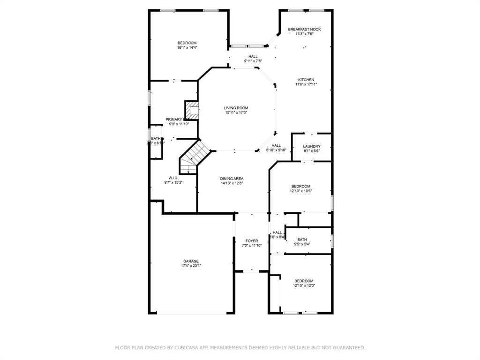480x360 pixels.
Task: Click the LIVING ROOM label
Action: (236, 108)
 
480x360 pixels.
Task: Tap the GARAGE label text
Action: (191, 261)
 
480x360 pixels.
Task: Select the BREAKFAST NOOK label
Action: (304, 29)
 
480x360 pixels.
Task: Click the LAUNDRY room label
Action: (312, 146)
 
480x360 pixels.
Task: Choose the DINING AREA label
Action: (232, 179)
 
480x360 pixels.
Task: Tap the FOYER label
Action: (252, 241)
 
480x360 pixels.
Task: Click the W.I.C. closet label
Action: (173, 178)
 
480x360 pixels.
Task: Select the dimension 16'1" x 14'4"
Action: (187, 47)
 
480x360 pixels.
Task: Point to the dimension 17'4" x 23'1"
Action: (191, 266)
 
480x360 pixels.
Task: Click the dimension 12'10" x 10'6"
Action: (301, 191)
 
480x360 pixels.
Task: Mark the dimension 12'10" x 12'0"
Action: (304, 285)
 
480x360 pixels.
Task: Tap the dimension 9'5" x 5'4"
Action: (302, 244)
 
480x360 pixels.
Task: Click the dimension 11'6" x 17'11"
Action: (306, 84)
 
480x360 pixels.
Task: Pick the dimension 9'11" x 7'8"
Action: (253, 61)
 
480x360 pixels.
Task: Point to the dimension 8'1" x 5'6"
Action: (312, 151)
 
